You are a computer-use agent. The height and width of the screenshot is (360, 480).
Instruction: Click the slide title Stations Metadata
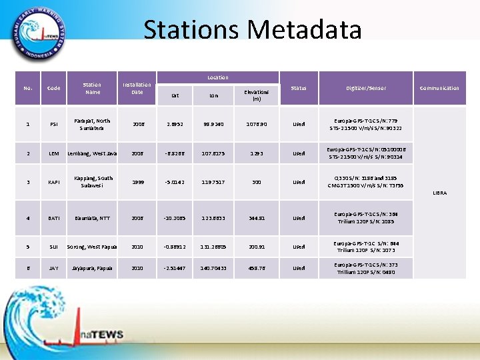(x=253, y=30)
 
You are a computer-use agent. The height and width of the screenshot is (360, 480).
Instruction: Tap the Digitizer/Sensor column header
(x=366, y=88)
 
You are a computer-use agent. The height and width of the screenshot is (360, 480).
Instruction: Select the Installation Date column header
(x=137, y=88)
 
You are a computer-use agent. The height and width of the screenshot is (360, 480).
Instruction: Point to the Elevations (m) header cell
(x=256, y=95)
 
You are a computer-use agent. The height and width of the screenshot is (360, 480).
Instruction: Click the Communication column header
(x=439, y=88)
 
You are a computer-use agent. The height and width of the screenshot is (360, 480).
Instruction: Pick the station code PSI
(x=53, y=124)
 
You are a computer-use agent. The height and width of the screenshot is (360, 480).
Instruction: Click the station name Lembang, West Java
(x=92, y=153)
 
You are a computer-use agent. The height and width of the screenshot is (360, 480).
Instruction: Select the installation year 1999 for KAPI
(x=137, y=182)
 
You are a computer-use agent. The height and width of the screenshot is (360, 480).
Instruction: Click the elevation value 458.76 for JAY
(x=256, y=268)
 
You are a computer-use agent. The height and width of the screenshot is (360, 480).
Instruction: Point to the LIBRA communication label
(x=439, y=192)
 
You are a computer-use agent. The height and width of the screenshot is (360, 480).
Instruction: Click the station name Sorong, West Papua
(x=92, y=246)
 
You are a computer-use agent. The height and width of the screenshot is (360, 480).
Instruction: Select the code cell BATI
(x=53, y=218)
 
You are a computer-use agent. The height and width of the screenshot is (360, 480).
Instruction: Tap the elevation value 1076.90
(x=256, y=124)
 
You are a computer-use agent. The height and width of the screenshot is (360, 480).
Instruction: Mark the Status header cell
(x=299, y=88)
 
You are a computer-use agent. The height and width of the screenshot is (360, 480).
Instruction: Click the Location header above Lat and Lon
(x=217, y=78)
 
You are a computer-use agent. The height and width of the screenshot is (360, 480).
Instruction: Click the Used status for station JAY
(x=299, y=268)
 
